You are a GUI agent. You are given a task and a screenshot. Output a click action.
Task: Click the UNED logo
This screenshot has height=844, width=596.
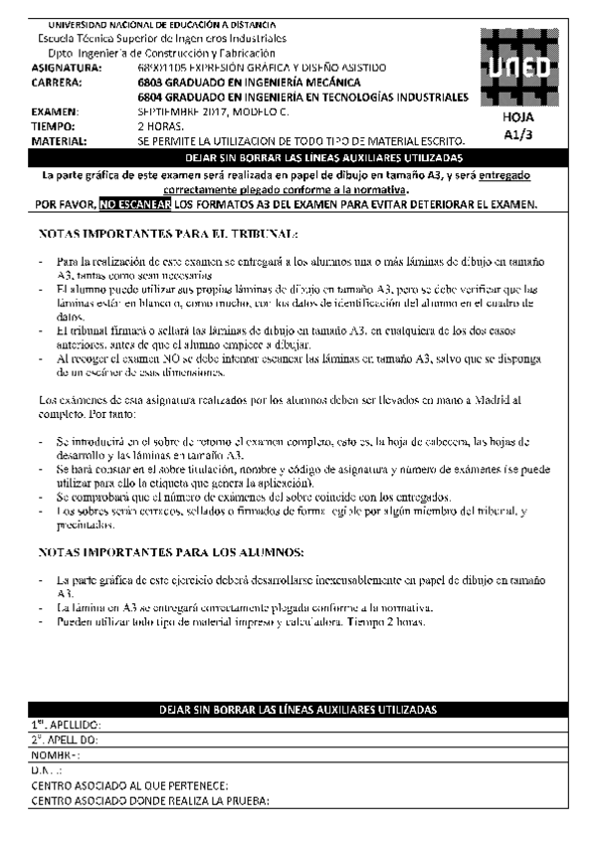tap(518, 67)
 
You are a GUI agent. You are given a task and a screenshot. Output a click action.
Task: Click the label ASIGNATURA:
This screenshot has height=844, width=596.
tap(66, 68)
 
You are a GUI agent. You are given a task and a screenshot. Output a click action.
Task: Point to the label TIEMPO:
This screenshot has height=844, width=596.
tap(54, 127)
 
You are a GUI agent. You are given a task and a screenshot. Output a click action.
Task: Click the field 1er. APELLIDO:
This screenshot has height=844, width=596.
tap(66, 726)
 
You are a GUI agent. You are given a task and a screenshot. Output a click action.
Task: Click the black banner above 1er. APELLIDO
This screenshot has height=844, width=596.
tap(298, 710)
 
